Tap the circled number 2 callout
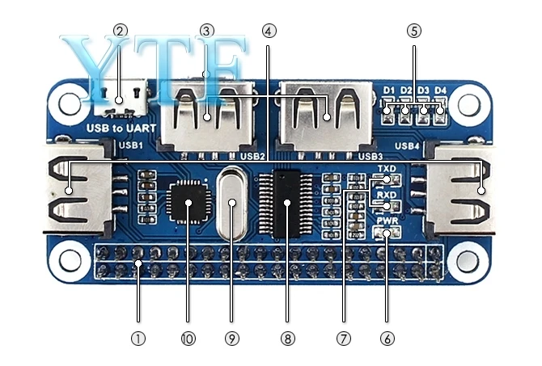pyautogui.click(x=121, y=31)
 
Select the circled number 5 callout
pyautogui.click(x=414, y=31)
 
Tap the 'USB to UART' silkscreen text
pyautogui.click(x=120, y=128)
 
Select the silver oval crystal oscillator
pyautogui.click(x=233, y=203)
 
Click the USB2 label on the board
pyautogui.click(x=253, y=155)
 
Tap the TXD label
pyautogui.click(x=387, y=168)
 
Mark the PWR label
pyautogui.click(x=387, y=220)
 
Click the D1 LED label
pyautogui.click(x=389, y=90)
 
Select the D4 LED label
pyautogui.click(x=440, y=90)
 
